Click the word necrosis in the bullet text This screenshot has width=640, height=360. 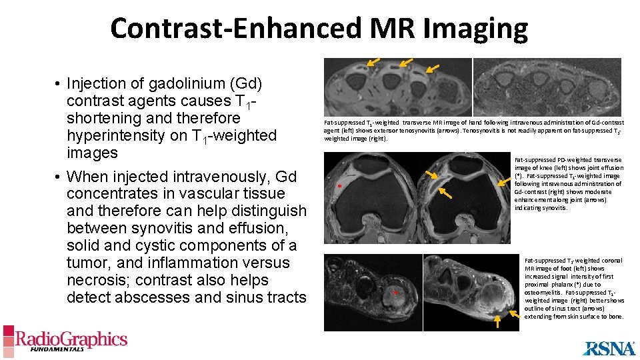[94, 281]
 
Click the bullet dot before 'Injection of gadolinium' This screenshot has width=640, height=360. [59, 85]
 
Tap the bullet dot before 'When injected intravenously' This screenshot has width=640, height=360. [59, 177]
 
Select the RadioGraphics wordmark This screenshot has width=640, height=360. [71, 339]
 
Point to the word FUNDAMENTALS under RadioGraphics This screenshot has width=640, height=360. [51, 349]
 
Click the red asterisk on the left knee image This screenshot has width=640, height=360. [340, 187]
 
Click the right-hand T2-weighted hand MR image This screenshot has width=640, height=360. [547, 87]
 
